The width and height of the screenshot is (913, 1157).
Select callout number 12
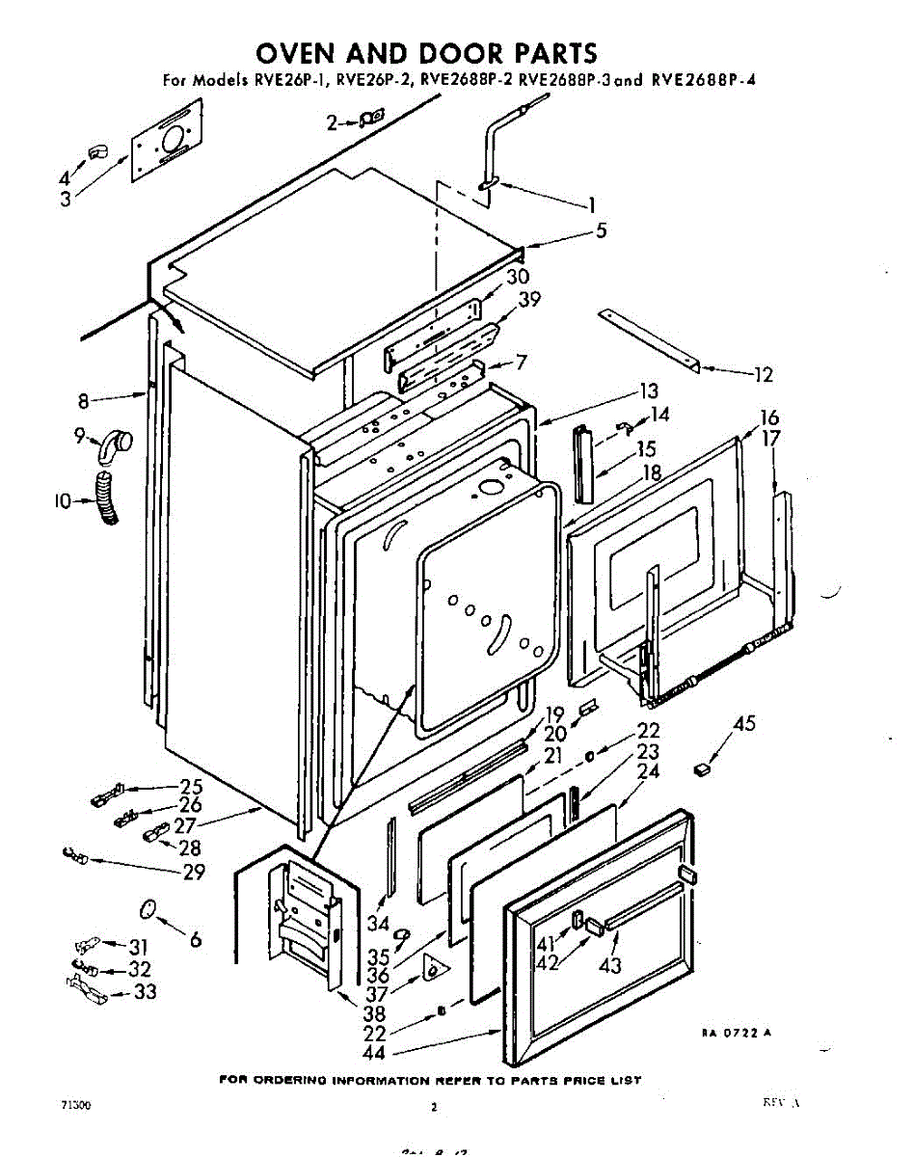(762, 375)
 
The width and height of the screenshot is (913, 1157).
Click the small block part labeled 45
(703, 768)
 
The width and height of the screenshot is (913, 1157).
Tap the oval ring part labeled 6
(148, 909)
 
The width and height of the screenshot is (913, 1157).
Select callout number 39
(528, 301)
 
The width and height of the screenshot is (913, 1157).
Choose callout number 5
(602, 231)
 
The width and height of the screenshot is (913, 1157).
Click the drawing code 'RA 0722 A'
(737, 1034)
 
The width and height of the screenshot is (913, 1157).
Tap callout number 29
(193, 872)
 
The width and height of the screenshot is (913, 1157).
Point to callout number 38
(374, 1013)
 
